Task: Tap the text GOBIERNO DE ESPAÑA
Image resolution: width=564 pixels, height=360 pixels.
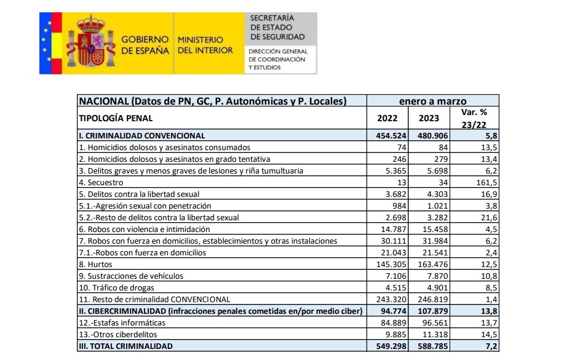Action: pyautogui.click(x=145, y=45)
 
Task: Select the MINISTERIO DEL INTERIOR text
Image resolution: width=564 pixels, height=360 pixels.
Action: pyautogui.click(x=205, y=45)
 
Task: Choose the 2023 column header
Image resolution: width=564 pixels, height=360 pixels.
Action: pyautogui.click(x=429, y=119)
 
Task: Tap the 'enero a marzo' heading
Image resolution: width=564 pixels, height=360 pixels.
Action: pyautogui.click(x=433, y=101)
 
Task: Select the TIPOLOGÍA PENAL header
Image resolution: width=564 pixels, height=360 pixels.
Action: pyautogui.click(x=116, y=118)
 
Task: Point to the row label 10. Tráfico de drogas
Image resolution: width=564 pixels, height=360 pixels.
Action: pyautogui.click(x=116, y=287)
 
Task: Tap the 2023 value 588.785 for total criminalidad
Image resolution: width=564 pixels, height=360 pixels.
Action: pyautogui.click(x=429, y=346)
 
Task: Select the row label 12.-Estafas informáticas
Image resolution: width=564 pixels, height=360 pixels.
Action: pyautogui.click(x=121, y=322)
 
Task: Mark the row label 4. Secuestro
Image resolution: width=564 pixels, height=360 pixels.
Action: pyautogui.click(x=101, y=182)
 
